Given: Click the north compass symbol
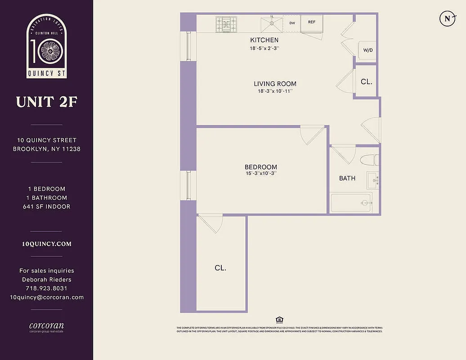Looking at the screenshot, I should (x=447, y=18).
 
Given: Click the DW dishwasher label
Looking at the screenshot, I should (x=292, y=22).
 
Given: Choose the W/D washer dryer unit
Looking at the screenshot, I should (x=367, y=50).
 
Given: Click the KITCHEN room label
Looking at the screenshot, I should (x=264, y=40).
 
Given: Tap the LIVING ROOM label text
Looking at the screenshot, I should (x=275, y=84).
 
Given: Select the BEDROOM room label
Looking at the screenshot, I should (x=261, y=167).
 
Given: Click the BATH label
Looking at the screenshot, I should (x=347, y=178).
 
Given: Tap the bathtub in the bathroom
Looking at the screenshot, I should (x=351, y=202).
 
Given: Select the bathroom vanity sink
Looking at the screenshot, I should (x=372, y=180).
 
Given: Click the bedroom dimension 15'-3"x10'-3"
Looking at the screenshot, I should (x=261, y=174).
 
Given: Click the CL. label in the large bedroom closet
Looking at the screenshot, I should (x=220, y=268).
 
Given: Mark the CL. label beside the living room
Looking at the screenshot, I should (x=367, y=82).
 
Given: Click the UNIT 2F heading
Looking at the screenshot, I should (x=47, y=102).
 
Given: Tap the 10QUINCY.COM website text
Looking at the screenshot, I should (x=47, y=244).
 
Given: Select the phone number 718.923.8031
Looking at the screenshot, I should (x=47, y=288).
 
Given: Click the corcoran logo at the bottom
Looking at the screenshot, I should (x=47, y=326).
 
